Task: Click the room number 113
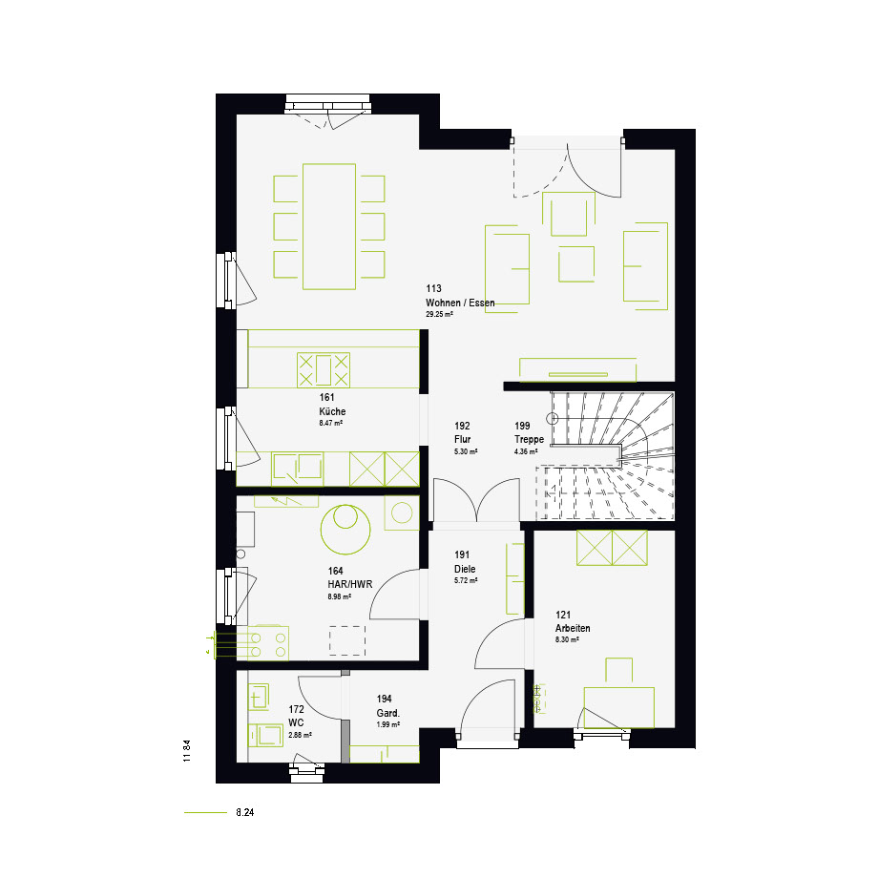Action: [x=433, y=288]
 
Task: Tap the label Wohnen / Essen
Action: [x=460, y=303]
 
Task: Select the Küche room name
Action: [x=332, y=411]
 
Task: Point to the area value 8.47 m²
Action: [x=331, y=424]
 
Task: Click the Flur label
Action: [x=463, y=440]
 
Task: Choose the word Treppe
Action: [x=529, y=440]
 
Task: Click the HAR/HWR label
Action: [x=350, y=585]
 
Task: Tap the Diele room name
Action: [x=465, y=569]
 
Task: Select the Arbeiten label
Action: [x=573, y=628]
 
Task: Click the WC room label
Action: [x=296, y=722]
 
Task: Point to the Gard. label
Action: [x=388, y=714]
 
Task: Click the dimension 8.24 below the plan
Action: [x=245, y=812]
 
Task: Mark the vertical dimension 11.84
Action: [x=187, y=751]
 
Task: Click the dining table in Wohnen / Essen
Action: [x=329, y=226]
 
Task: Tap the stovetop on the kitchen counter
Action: [x=324, y=370]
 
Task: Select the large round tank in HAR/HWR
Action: [x=345, y=529]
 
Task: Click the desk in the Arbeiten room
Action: [x=618, y=708]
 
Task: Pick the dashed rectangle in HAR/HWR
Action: [x=347, y=640]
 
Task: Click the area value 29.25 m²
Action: [x=440, y=315]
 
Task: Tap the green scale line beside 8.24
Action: [x=205, y=812]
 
